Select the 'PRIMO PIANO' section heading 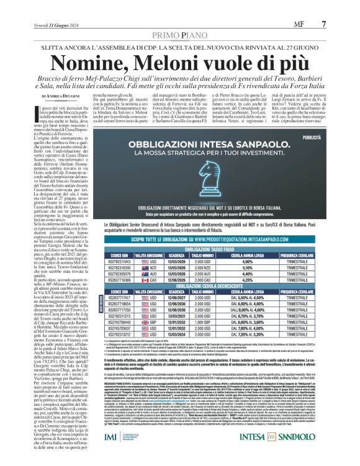click(179, 19)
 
